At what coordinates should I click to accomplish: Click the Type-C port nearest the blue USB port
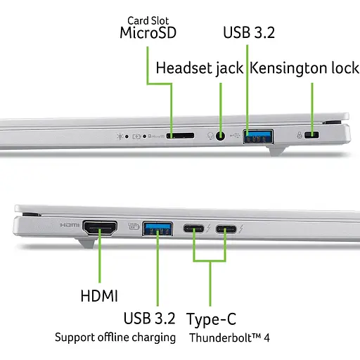195,228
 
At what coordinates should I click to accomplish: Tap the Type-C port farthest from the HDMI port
226,228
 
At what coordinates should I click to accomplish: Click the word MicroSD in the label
147,32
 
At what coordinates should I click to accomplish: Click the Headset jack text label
199,68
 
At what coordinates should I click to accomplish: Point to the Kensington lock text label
304,68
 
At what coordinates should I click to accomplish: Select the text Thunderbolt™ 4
229,337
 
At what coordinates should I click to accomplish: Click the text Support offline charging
115,337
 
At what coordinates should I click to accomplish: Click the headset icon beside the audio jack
210,135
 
